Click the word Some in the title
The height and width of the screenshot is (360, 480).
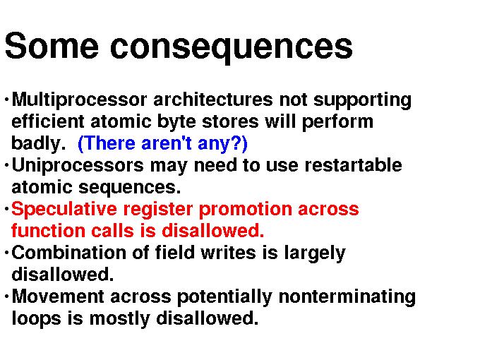(52, 46)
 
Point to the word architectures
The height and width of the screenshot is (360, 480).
(213, 100)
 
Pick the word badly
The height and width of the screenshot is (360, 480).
(38, 143)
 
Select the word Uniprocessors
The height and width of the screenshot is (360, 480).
(78, 166)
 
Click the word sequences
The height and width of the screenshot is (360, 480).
(130, 188)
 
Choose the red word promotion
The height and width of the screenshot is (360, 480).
(246, 210)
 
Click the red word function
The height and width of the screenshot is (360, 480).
(49, 231)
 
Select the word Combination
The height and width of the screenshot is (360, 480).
(69, 253)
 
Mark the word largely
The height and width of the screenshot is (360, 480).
(315, 253)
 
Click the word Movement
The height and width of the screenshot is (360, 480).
(58, 296)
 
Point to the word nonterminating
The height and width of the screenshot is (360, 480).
(347, 297)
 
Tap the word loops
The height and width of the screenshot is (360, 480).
(37, 318)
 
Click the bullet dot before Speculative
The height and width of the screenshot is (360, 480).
(6, 210)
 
